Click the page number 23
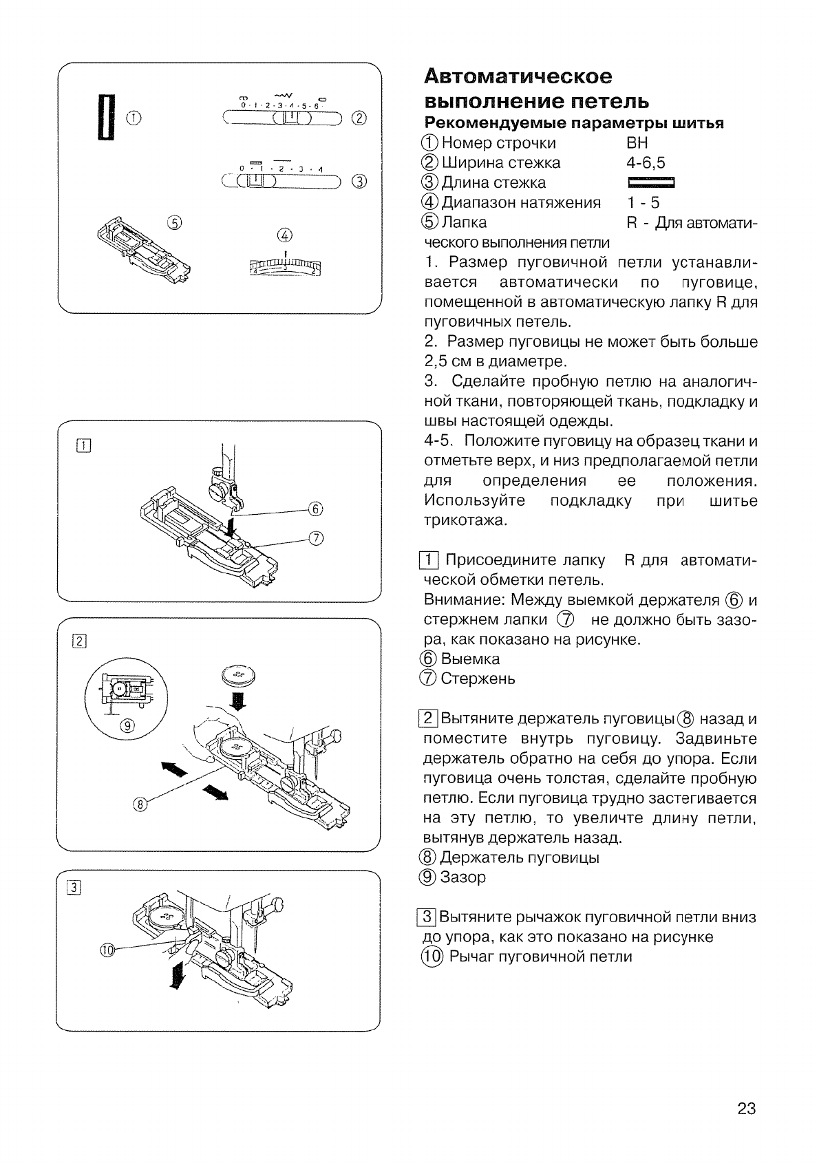coord(746,1109)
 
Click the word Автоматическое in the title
coord(518,76)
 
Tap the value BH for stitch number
coord(637,143)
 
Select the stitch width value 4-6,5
coord(646,163)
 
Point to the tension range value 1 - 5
coord(643,202)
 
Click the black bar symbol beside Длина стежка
coord(650,183)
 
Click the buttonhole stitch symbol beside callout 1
coord(107,116)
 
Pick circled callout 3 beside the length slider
coord(359,182)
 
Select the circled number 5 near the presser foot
coord(175,222)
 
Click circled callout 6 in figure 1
coord(315,509)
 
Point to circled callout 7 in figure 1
coord(315,538)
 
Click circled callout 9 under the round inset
coord(127,727)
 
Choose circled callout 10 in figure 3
coord(107,950)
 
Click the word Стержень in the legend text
coord(478,679)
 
